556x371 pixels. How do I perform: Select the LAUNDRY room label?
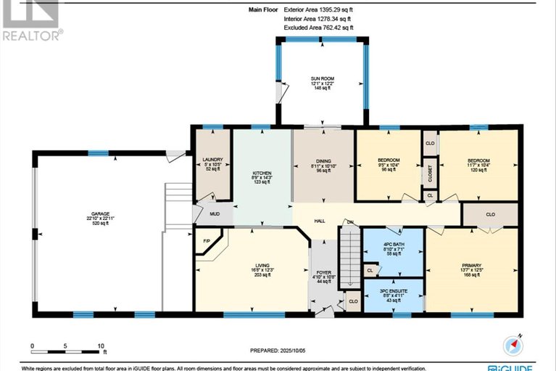[x=213, y=159]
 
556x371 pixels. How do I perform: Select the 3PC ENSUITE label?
[x=392, y=290]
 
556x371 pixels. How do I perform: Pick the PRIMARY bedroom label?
[x=471, y=266]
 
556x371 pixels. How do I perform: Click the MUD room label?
[x=216, y=215]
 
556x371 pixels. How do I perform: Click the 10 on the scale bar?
[x=101, y=346]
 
